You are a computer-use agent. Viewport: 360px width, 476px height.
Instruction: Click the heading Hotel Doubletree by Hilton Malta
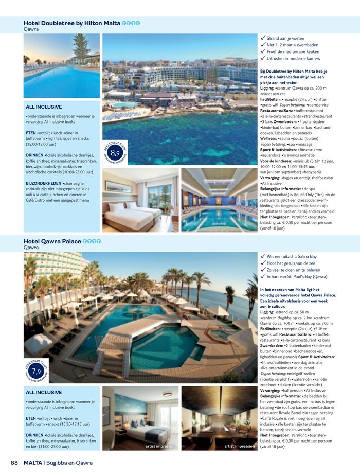[x=72, y=23]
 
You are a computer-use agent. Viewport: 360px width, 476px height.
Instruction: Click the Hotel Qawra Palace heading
[x=52, y=241]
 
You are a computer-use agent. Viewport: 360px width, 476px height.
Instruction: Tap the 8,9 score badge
[x=115, y=153]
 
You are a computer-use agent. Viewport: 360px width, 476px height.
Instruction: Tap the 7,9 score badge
[x=36, y=372]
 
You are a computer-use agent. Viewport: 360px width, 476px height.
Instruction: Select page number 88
[x=15, y=463]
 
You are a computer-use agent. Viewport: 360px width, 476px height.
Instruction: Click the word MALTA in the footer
[x=32, y=463]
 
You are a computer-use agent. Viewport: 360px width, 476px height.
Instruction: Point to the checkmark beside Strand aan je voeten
[x=263, y=38]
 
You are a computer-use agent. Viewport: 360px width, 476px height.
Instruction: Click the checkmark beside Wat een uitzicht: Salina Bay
[x=263, y=256]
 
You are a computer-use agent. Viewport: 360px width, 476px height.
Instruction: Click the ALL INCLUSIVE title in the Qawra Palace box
[x=44, y=392]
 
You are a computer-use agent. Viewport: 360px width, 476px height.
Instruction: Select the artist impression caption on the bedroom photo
[x=161, y=446]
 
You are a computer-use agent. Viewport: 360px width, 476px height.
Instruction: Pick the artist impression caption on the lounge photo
[x=239, y=446]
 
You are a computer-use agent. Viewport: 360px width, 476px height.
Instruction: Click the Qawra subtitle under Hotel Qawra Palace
[x=31, y=248]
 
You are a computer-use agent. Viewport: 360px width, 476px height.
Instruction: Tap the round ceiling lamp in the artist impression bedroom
[x=167, y=395]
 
